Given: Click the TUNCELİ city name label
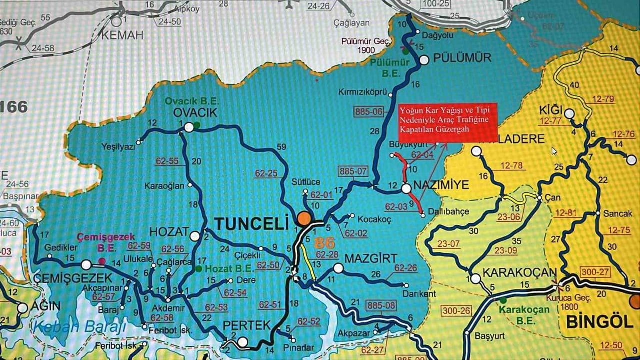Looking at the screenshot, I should [252, 222].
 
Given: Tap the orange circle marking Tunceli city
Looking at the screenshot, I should [303, 218].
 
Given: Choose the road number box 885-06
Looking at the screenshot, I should [368, 111].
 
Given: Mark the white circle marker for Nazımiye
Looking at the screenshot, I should [406, 188].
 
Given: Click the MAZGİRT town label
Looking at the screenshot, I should [370, 259].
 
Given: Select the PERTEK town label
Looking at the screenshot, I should [246, 325].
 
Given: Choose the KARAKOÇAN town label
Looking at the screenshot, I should [520, 273].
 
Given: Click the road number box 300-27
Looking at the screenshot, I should [595, 271].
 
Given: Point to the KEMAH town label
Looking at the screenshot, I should [122, 35].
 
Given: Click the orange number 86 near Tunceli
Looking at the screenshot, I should [324, 243].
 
